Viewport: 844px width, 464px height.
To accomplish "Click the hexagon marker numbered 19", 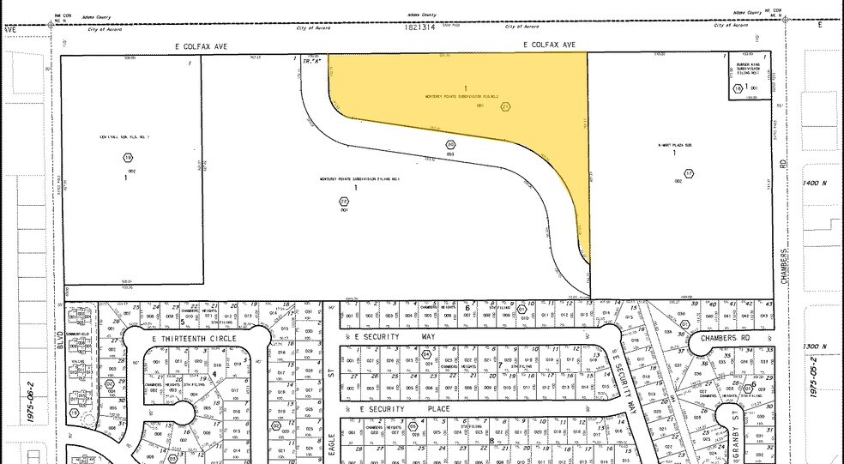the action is pyautogui.click(x=129, y=158).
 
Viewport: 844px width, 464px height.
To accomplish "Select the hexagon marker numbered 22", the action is pyautogui.click(x=344, y=202).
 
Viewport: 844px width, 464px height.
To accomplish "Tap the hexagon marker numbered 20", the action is pyautogui.click(x=449, y=145).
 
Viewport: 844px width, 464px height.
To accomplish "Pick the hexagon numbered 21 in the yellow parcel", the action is pyautogui.click(x=505, y=106).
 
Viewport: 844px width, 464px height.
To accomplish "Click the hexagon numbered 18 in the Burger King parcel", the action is pyautogui.click(x=738, y=87).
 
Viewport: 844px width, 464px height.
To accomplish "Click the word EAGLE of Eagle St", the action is pyautogui.click(x=330, y=442).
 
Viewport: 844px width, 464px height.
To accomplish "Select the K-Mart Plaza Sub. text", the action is pyautogui.click(x=674, y=145).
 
